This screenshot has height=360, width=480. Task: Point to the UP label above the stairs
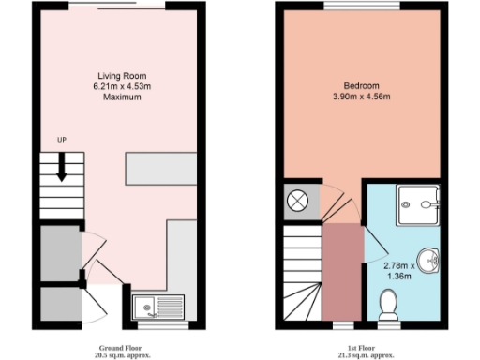coord(62,141)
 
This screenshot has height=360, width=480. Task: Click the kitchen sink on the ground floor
coord(153,307)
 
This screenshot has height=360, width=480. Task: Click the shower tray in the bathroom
coord(416,204)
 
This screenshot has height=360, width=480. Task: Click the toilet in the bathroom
coord(388,304)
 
